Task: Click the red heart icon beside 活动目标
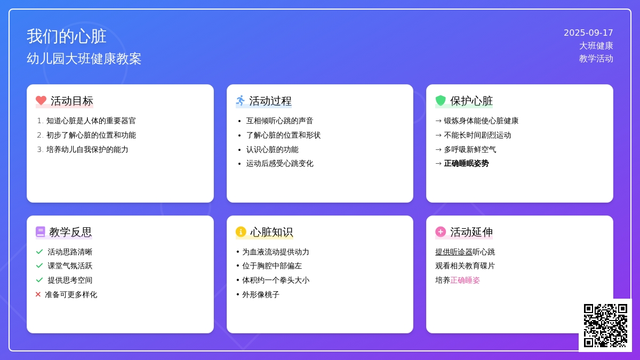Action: coord(41,100)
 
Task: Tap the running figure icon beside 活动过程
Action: coord(241,100)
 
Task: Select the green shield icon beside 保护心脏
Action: coord(441,100)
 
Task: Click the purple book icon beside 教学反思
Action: coord(41,231)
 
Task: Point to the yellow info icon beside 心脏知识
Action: coord(241,231)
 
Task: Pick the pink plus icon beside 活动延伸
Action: coord(441,231)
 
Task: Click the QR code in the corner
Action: coord(605,325)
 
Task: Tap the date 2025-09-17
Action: coord(588,33)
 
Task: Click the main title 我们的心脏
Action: coord(67,36)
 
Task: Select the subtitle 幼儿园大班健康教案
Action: coord(84,59)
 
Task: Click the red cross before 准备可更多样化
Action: coord(38,294)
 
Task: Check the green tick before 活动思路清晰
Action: coord(39,252)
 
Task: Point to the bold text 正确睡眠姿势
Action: coord(466,163)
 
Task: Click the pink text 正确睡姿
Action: coord(465,281)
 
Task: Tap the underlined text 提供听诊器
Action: coord(454,252)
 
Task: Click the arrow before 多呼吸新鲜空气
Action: coord(438,149)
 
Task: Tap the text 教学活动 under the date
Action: coord(596,59)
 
